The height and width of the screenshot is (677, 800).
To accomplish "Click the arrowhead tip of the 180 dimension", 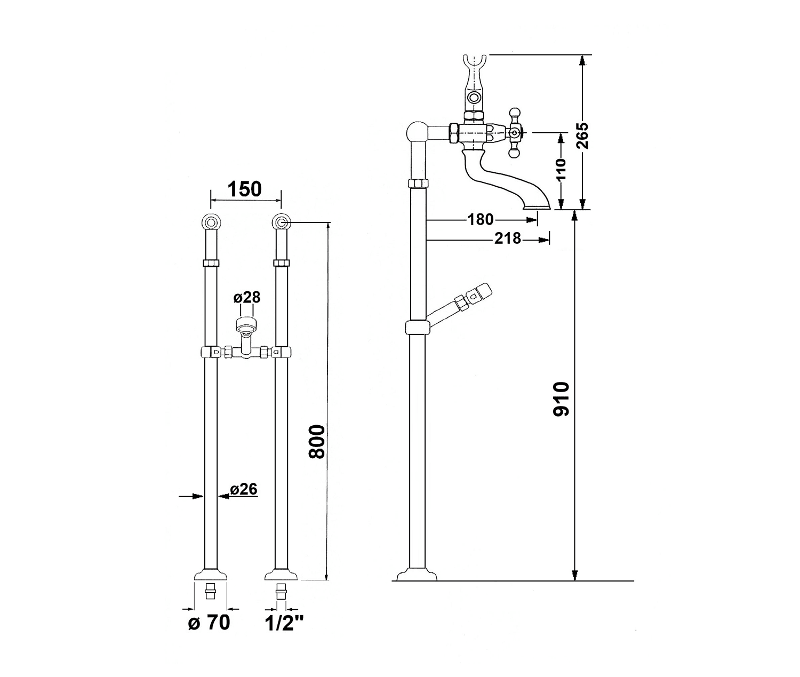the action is pyautogui.click(x=538, y=220).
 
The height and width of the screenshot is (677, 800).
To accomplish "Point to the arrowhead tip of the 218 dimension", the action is pyautogui.click(x=549, y=240).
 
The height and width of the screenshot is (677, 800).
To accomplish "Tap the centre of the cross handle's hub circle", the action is pyautogui.click(x=514, y=133).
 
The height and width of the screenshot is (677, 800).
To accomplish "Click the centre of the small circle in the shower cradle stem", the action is pyautogui.click(x=473, y=97).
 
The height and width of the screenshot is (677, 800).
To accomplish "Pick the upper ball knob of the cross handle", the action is pyautogui.click(x=514, y=113).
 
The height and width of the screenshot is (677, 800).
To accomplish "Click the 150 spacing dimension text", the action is pyautogui.click(x=245, y=190).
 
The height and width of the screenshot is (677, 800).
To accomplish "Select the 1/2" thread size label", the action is pyautogui.click(x=284, y=634).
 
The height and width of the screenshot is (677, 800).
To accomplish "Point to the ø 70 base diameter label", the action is pyautogui.click(x=210, y=634).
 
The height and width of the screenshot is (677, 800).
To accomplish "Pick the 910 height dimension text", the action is pyautogui.click(x=562, y=399).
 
